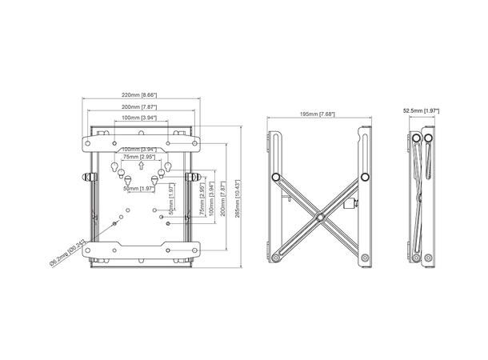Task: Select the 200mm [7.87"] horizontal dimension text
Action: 141,106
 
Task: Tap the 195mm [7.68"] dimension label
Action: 318,114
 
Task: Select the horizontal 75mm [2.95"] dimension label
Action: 140,158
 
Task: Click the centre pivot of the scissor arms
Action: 318,216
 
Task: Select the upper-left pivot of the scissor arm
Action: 274,175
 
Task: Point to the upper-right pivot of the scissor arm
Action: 364,175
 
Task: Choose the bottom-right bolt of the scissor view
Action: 365,258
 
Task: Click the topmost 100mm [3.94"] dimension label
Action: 140,118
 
